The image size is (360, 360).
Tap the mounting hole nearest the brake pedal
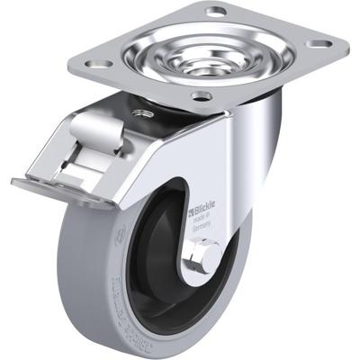tap(99, 65)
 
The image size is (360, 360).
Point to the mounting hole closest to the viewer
tap(201, 95)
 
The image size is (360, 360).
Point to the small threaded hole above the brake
tap(140, 113)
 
